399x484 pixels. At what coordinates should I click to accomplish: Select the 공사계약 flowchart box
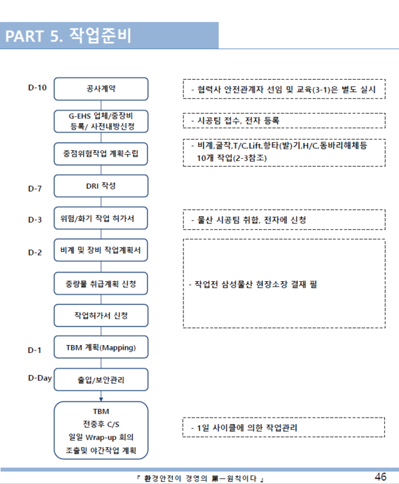pyautogui.click(x=100, y=88)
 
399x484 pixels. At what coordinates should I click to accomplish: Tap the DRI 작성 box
pyautogui.click(x=100, y=186)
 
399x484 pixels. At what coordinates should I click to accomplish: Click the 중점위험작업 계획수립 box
pyautogui.click(x=100, y=154)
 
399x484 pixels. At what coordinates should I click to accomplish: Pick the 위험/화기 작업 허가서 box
pyautogui.click(x=100, y=219)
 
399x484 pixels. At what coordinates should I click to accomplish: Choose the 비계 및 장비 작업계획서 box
pyautogui.click(x=100, y=251)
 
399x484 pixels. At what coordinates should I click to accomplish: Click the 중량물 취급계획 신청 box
pyautogui.click(x=100, y=284)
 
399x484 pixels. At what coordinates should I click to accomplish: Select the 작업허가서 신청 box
pyautogui.click(x=100, y=315)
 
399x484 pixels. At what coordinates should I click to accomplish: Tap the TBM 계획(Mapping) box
pyautogui.click(x=100, y=348)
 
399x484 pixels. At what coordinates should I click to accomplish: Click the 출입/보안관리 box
pyautogui.click(x=100, y=381)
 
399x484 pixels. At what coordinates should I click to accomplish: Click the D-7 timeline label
pyautogui.click(x=35, y=189)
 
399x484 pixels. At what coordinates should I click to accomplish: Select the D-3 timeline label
pyautogui.click(x=35, y=219)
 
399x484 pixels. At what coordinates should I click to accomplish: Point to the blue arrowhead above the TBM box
pyautogui.click(x=100, y=399)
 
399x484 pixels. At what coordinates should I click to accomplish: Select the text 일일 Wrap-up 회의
pyautogui.click(x=101, y=438)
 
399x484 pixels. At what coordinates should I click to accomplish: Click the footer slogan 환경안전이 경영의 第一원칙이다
pyautogui.click(x=199, y=478)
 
